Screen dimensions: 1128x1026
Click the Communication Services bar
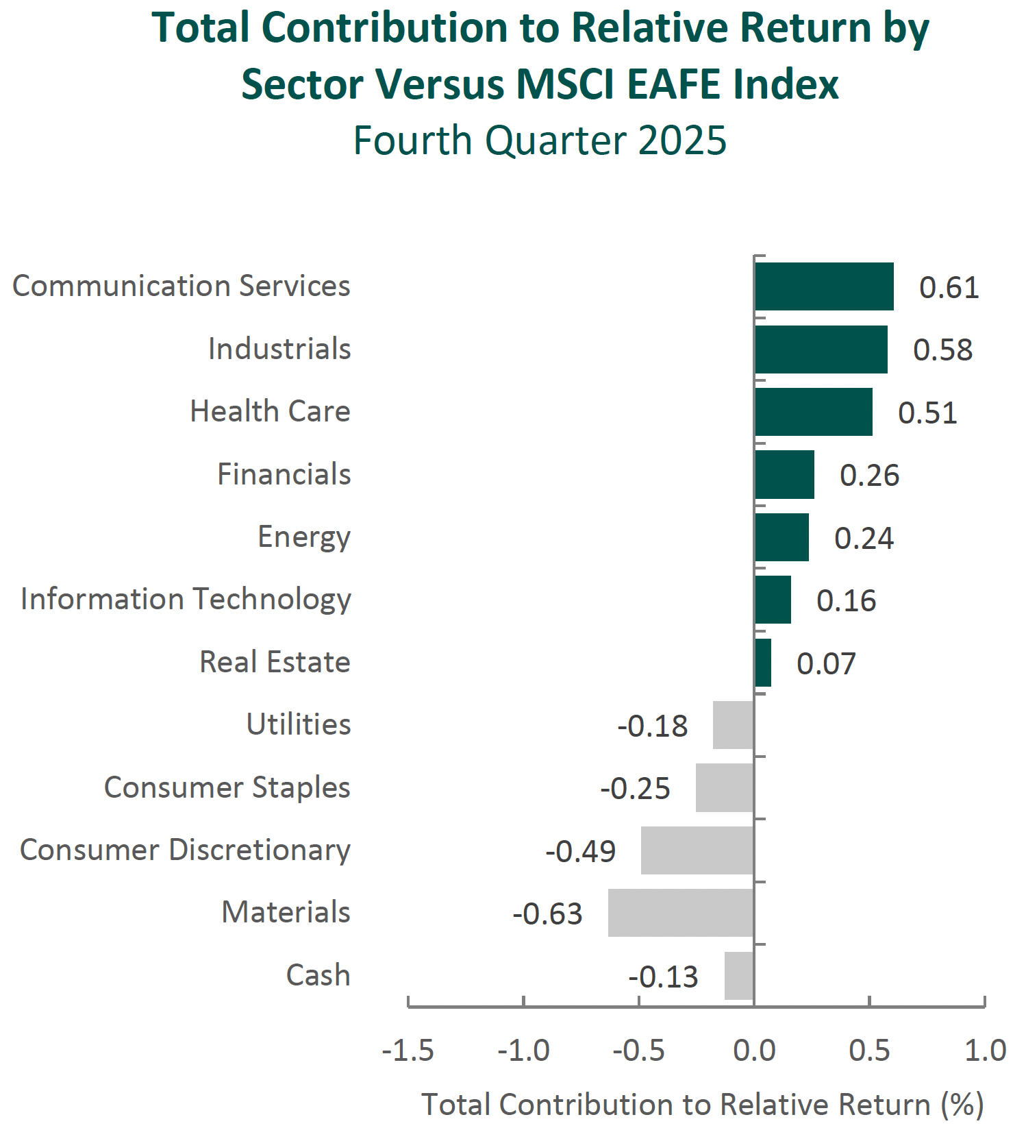click(824, 286)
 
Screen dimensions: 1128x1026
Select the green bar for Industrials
click(821, 350)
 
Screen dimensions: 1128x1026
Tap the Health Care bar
click(813, 412)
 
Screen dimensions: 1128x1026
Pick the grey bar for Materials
click(681, 913)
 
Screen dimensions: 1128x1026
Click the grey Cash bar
click(739, 976)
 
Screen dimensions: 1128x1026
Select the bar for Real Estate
click(763, 663)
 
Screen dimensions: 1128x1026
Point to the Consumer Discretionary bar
click(697, 850)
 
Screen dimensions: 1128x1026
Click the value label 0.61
click(949, 288)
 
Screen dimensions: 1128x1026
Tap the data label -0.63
click(547, 914)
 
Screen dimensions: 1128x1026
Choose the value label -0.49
click(580, 852)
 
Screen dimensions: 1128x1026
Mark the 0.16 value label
click(846, 601)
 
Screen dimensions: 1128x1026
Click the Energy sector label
click(304, 537)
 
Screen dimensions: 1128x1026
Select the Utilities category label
click(299, 724)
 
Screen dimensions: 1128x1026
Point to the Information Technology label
click(186, 600)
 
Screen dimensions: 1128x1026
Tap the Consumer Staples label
click(227, 787)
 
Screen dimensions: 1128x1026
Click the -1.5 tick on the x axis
click(408, 1051)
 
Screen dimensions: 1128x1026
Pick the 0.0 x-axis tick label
click(754, 1051)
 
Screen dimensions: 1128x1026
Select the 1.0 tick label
click(985, 1051)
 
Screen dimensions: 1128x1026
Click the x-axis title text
click(702, 1105)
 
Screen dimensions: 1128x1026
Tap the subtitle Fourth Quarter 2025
click(540, 140)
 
